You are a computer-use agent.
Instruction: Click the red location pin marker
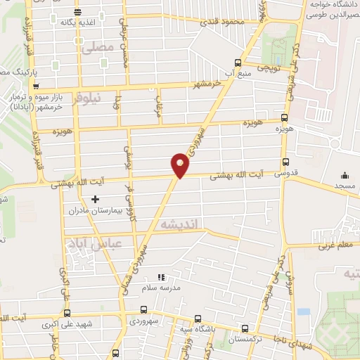pyautogui.click(x=180, y=165)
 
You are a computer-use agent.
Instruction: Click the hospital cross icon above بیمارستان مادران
pyautogui.click(x=96, y=200)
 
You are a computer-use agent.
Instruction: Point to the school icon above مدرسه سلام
pyautogui.click(x=161, y=277)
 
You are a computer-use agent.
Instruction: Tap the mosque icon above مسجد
pyautogui.click(x=345, y=175)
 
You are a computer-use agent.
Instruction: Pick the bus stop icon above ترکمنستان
pyautogui.click(x=245, y=328)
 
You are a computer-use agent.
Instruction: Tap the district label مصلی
pyautogui.click(x=98, y=49)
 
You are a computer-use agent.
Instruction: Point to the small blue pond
pyautogui.click(x=303, y=311)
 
